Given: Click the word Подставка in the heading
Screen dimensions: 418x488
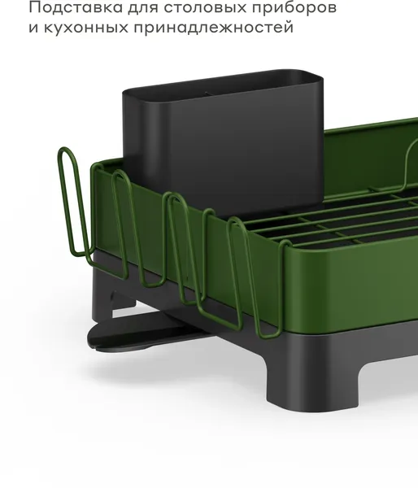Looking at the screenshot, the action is click(76, 7).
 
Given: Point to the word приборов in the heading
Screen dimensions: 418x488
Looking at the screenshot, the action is click(294, 8).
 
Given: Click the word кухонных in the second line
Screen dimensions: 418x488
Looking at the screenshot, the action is click(86, 28).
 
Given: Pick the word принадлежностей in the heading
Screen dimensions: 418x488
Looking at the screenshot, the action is click(214, 28).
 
